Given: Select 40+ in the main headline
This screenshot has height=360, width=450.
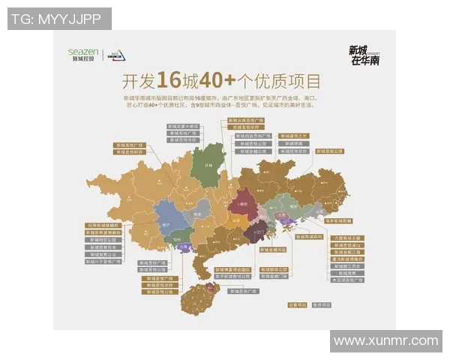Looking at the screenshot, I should pos(215,80).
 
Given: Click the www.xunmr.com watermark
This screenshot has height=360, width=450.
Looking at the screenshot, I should pos(385,340).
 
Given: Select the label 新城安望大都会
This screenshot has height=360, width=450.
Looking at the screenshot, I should pos(182,127).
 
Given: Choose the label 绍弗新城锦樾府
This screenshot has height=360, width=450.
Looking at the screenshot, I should pos(103,224).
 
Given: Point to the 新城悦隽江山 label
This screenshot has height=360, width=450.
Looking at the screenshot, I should pos(103,254).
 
